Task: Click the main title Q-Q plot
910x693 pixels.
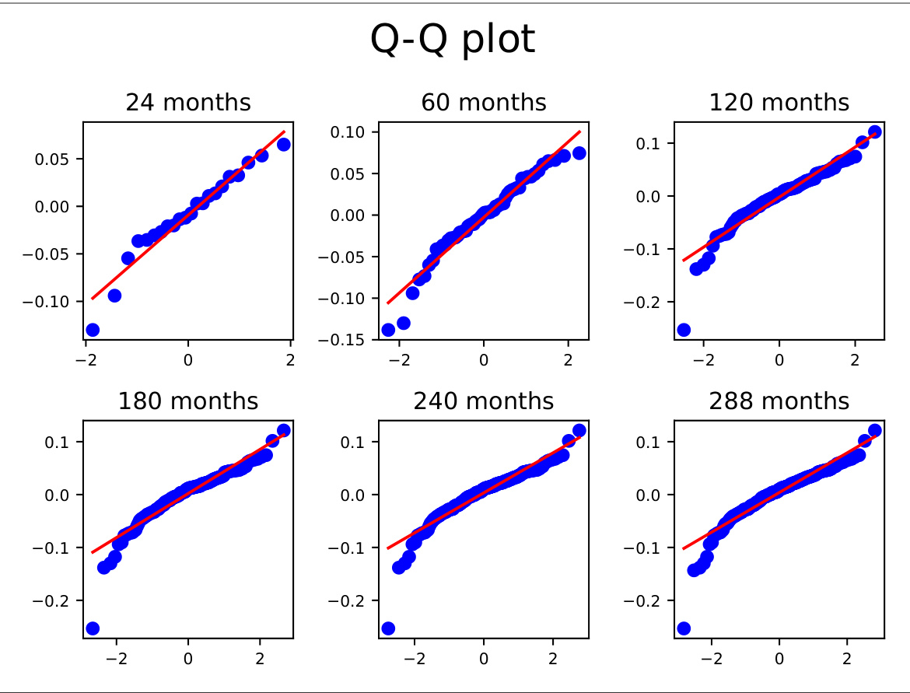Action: (453, 40)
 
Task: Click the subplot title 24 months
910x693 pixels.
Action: (188, 103)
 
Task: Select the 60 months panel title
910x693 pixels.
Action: (484, 103)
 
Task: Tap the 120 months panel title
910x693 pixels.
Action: (779, 103)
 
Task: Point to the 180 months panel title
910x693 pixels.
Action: (188, 401)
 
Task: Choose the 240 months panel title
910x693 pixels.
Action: (484, 401)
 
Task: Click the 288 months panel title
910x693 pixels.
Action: (779, 401)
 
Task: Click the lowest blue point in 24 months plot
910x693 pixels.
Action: (93, 330)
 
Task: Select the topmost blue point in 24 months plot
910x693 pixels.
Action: (284, 144)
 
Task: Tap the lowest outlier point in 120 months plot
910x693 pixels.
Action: (684, 330)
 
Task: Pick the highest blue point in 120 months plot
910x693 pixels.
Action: (874, 131)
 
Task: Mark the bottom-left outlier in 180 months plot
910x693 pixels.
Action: (93, 628)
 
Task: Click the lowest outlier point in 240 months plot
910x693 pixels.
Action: (388, 628)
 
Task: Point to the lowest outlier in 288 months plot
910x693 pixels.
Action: (684, 628)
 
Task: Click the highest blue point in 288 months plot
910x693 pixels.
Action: (874, 430)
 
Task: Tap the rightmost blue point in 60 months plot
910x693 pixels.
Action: (579, 153)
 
